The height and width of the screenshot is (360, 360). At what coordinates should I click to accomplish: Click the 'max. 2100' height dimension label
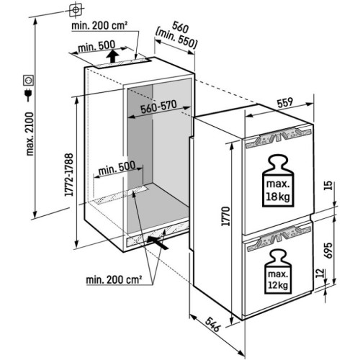(x=30, y=134)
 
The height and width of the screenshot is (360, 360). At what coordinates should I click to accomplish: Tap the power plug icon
(x=29, y=94)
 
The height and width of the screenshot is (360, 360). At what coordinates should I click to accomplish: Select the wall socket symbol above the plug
(x=28, y=81)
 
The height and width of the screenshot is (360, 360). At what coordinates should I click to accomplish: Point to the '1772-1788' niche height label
(x=69, y=174)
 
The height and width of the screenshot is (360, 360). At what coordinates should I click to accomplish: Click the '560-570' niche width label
(x=158, y=107)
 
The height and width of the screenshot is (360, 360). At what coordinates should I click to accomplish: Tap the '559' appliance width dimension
(x=285, y=102)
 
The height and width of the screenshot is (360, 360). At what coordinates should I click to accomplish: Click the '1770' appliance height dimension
(x=226, y=216)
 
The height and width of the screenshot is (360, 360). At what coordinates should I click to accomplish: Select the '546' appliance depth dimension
(x=212, y=325)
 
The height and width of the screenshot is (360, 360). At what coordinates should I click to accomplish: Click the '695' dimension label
(x=328, y=251)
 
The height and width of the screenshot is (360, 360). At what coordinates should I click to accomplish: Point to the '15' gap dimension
(x=328, y=185)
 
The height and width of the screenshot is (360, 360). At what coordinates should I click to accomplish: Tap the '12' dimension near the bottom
(x=320, y=273)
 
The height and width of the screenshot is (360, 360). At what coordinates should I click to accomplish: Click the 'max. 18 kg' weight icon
(x=278, y=181)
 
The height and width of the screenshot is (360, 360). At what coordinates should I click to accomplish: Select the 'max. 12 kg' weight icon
(x=278, y=271)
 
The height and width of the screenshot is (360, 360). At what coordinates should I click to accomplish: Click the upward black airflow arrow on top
(x=112, y=56)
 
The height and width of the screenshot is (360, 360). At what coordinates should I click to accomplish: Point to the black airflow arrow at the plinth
(x=158, y=243)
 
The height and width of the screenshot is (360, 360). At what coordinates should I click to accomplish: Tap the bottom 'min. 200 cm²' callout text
(x=114, y=279)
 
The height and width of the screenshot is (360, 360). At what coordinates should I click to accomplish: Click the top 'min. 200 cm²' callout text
(x=99, y=25)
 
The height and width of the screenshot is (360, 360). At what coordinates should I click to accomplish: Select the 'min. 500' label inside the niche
(x=117, y=168)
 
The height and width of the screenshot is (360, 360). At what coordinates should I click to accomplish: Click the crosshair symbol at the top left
(x=76, y=10)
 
